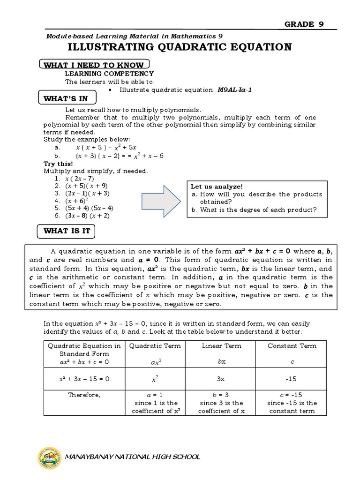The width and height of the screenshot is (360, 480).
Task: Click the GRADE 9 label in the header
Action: [304, 24]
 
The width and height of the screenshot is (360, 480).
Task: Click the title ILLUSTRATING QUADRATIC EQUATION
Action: [180, 47]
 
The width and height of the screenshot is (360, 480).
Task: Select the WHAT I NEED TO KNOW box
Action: [94, 65]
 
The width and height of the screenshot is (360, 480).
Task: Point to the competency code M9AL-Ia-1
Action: [235, 90]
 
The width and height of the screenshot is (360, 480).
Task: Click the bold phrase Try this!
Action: [58, 164]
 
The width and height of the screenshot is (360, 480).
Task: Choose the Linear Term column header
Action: [221, 346]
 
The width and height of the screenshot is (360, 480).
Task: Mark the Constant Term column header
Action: [292, 346]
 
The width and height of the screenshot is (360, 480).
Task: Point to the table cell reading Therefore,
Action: [84, 395]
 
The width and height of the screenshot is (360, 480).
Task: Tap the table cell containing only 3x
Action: [221, 378]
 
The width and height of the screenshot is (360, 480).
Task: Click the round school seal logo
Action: [49, 456]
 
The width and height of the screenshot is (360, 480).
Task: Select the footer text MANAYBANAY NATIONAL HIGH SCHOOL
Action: [133, 457]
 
